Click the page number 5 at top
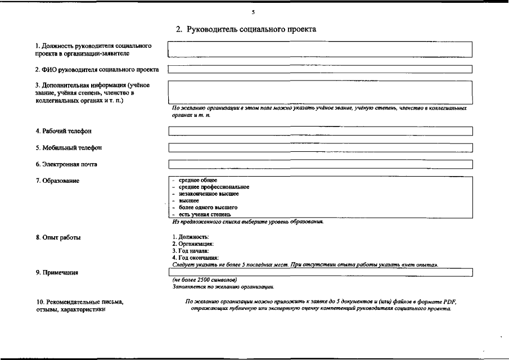click(254, 12)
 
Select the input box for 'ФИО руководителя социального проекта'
click(320, 70)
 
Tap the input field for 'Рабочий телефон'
click(320, 131)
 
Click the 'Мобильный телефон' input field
click(320, 148)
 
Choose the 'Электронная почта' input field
click(320, 164)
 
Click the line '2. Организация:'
click(193, 244)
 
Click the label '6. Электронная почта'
click(66, 164)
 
